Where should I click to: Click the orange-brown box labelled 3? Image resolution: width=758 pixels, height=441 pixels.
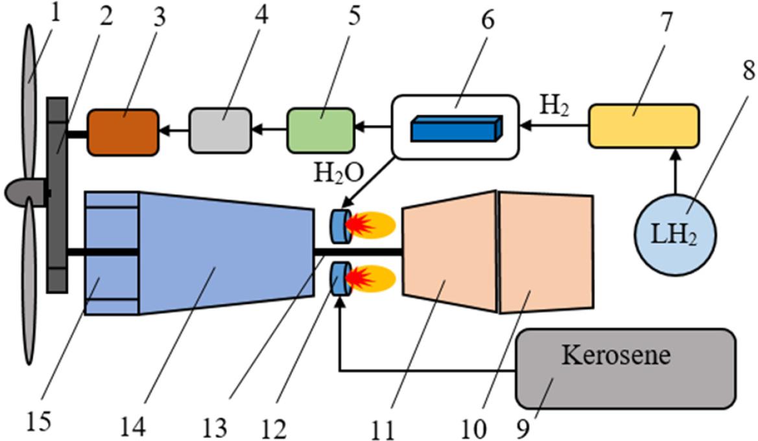(123, 133)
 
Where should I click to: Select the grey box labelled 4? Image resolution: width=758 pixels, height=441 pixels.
(220, 131)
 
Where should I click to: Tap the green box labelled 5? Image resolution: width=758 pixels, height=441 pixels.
(321, 131)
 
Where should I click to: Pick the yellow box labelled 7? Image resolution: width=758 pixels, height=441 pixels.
(643, 125)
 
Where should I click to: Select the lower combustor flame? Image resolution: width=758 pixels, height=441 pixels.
(368, 277)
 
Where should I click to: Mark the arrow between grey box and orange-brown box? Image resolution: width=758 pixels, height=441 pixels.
(174, 131)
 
